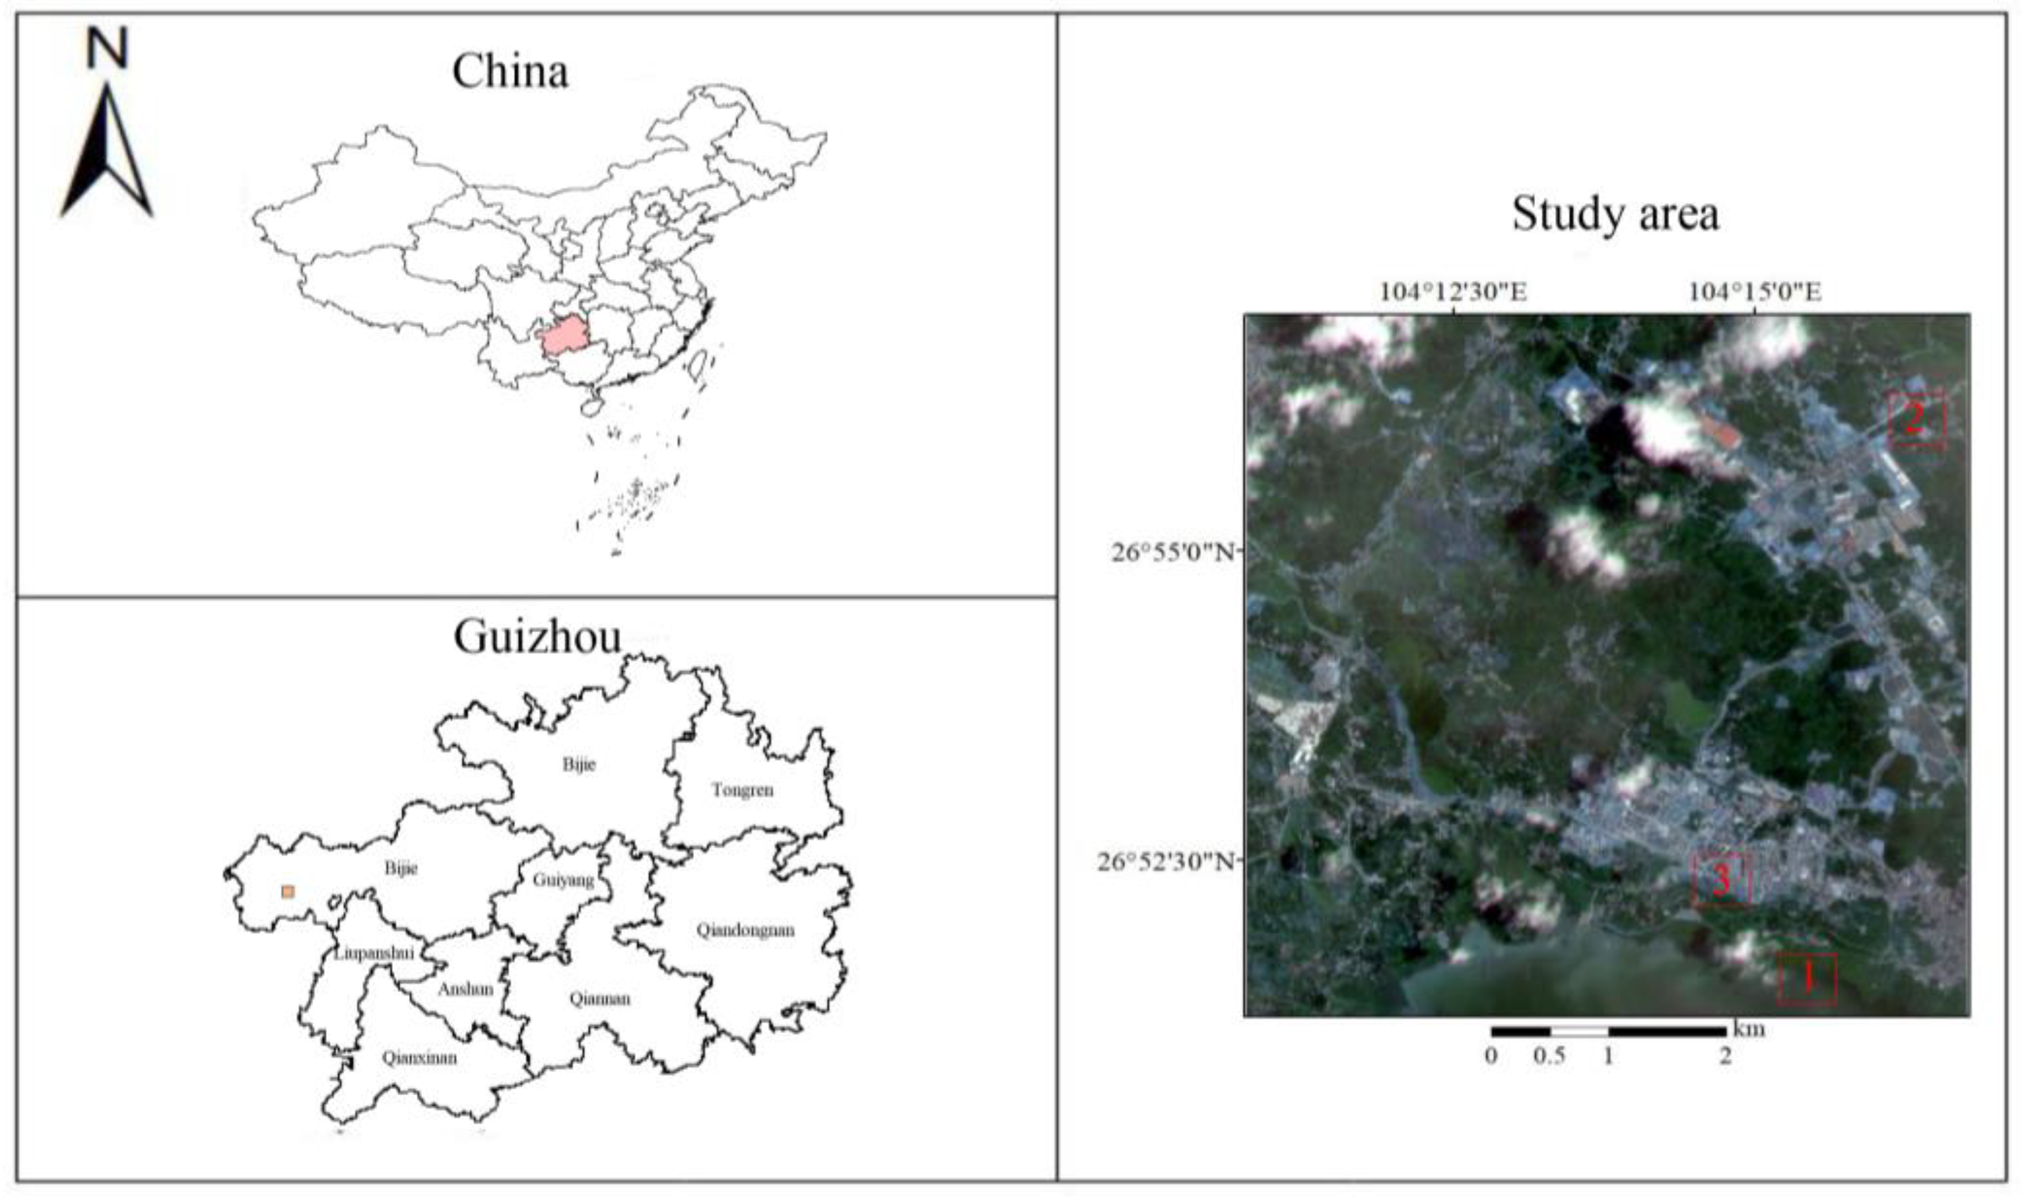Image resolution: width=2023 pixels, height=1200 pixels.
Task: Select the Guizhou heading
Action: pyautogui.click(x=537, y=637)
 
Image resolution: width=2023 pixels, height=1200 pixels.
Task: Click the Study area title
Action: pyautogui.click(x=1615, y=215)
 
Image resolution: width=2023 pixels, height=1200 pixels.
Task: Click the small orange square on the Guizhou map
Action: pyautogui.click(x=288, y=891)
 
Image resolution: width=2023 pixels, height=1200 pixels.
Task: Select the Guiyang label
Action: pyautogui.click(x=563, y=880)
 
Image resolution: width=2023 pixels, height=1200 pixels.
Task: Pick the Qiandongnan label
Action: pyautogui.click(x=745, y=930)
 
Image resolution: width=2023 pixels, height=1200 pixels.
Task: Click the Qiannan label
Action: pyautogui.click(x=599, y=999)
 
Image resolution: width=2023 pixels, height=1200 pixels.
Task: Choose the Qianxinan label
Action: pyautogui.click(x=419, y=1058)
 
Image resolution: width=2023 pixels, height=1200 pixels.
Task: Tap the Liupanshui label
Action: pyautogui.click(x=373, y=953)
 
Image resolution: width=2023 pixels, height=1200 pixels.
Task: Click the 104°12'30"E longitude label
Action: pyautogui.click(x=1453, y=291)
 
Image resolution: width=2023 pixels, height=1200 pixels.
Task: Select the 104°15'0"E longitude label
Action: pyautogui.click(x=1754, y=291)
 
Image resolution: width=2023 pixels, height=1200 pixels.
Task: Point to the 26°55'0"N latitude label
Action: pyautogui.click(x=1173, y=553)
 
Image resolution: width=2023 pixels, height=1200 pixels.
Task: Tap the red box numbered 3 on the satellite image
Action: pyautogui.click(x=1721, y=880)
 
